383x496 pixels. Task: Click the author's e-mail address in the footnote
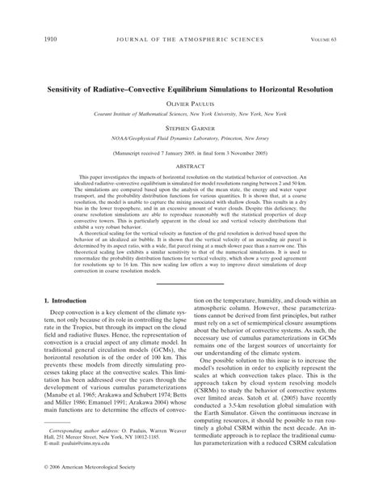(x=78, y=443)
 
